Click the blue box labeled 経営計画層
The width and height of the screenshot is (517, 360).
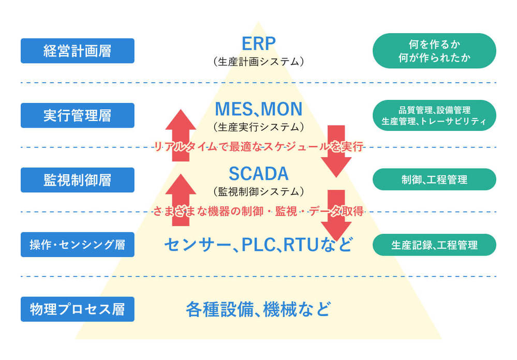coord(77,51)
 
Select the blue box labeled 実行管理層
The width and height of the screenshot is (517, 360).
coord(77,115)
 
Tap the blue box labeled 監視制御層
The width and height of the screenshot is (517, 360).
coord(77,179)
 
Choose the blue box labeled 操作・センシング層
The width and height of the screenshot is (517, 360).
coord(77,244)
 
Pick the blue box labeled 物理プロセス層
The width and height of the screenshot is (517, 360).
coord(77,309)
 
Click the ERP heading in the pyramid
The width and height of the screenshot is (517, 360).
coord(258,43)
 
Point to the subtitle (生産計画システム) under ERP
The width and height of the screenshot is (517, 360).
coord(258,62)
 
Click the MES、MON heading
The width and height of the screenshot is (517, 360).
coord(258,109)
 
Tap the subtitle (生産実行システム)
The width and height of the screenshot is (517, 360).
coord(258,127)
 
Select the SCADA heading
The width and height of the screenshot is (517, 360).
coord(258,173)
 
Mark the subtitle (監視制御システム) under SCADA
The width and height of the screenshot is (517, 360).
coord(258,191)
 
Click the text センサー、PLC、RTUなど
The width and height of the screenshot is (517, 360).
coord(258,244)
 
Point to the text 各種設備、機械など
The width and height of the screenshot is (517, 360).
coord(258,309)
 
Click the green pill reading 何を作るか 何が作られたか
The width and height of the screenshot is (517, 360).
coord(434,51)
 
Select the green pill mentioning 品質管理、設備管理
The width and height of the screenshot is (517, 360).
coord(434,115)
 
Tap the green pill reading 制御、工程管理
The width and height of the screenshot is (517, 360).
coord(434,179)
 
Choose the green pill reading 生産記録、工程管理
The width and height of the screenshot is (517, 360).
coord(434,244)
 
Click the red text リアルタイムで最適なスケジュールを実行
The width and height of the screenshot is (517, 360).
coord(258,147)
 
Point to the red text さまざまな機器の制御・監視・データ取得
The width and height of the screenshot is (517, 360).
coord(258,211)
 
